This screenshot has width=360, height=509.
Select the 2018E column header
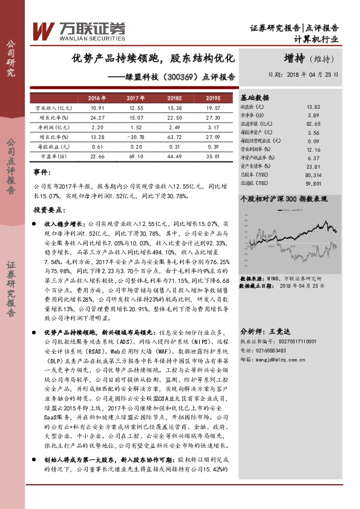[174, 98]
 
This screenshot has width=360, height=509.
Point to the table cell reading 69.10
[135, 156]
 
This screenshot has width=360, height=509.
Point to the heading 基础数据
[255, 97]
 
